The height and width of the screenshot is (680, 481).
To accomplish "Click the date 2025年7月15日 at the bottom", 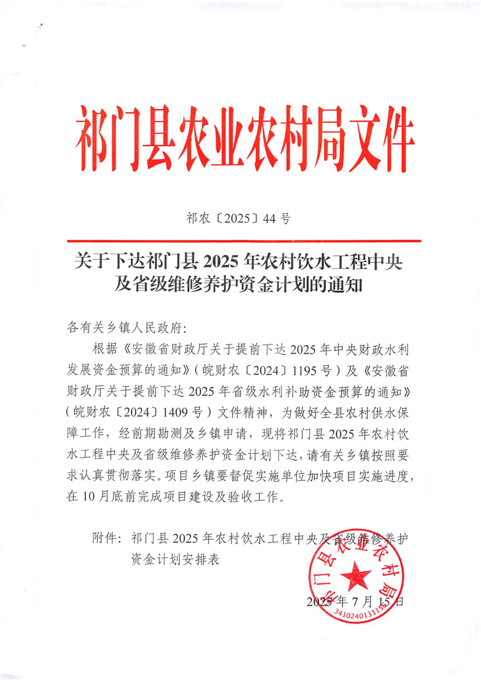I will pos(355,602).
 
